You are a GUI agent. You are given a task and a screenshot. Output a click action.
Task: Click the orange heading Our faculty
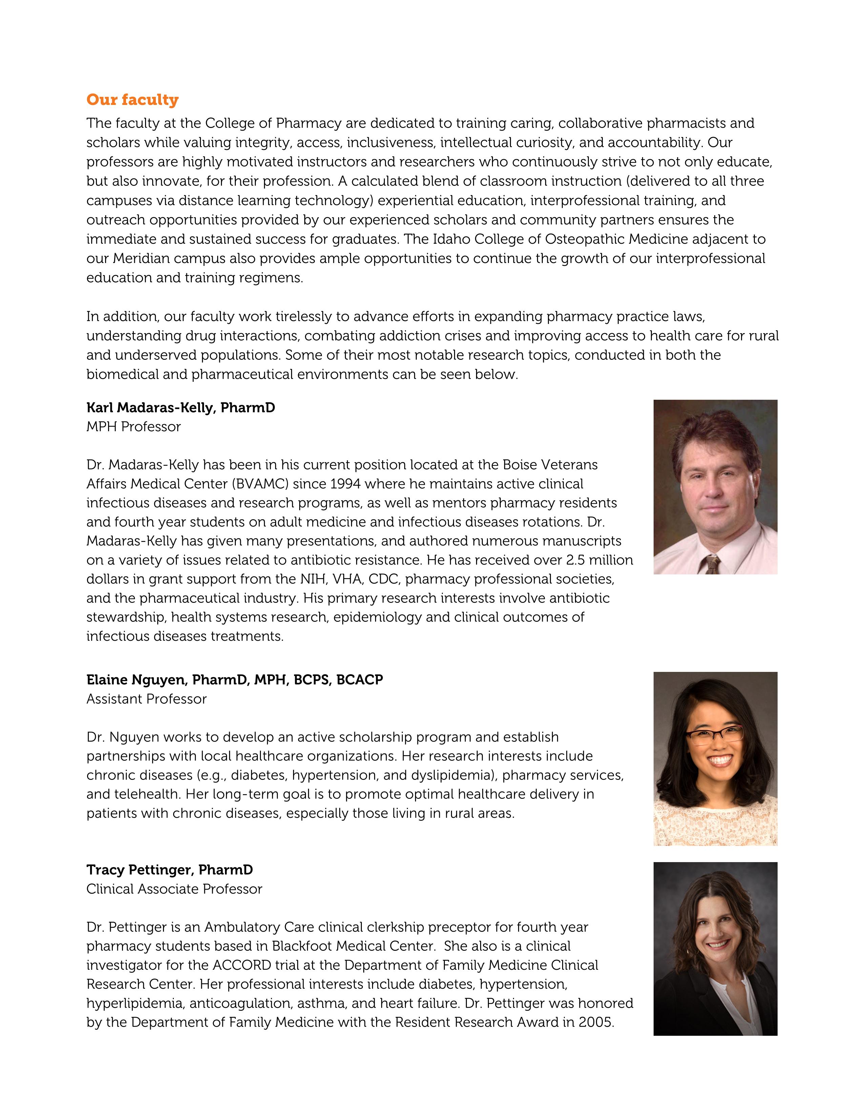point(132,100)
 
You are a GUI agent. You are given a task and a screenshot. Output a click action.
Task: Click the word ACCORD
point(242,965)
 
